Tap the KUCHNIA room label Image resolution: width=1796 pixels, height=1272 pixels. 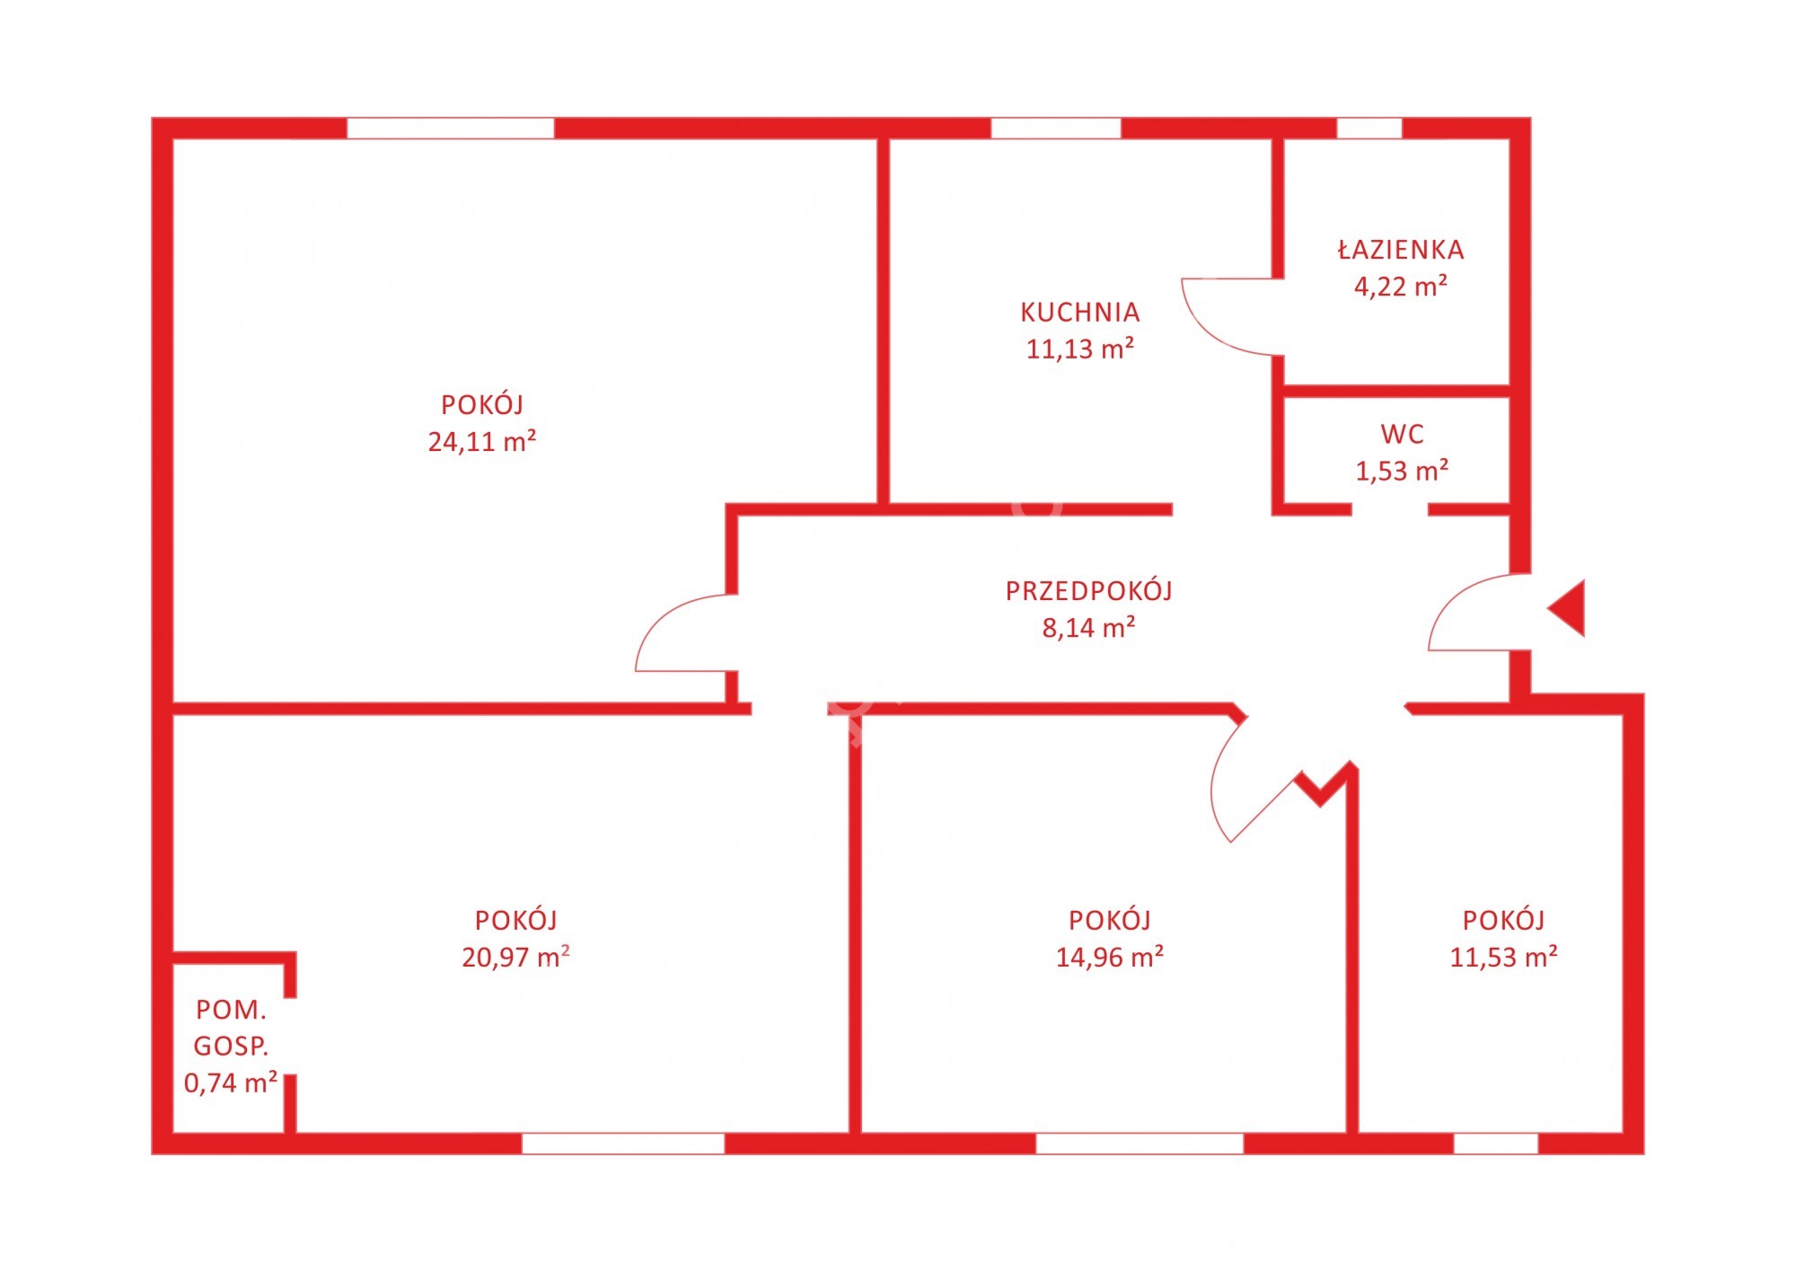[1079, 313]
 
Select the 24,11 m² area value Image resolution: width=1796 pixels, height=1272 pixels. [482, 441]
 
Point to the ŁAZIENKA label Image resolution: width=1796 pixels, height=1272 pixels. [1401, 249]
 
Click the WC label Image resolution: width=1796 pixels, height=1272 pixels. [1402, 435]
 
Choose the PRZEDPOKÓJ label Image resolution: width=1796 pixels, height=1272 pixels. [1088, 590]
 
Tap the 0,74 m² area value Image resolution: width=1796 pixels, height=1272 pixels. [231, 1082]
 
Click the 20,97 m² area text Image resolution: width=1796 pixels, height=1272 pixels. [515, 957]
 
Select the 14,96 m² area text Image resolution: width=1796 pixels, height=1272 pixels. [1110, 957]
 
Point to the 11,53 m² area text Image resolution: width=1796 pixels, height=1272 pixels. [1503, 957]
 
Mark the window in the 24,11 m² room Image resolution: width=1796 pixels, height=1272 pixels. [450, 128]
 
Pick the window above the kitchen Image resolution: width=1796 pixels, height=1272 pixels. [1056, 128]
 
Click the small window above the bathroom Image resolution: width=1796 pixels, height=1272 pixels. [1369, 128]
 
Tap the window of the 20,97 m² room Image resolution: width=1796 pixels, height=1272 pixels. [623, 1144]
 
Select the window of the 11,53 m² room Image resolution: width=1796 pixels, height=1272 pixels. [1496, 1144]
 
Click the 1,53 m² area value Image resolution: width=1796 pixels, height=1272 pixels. [1402, 471]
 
